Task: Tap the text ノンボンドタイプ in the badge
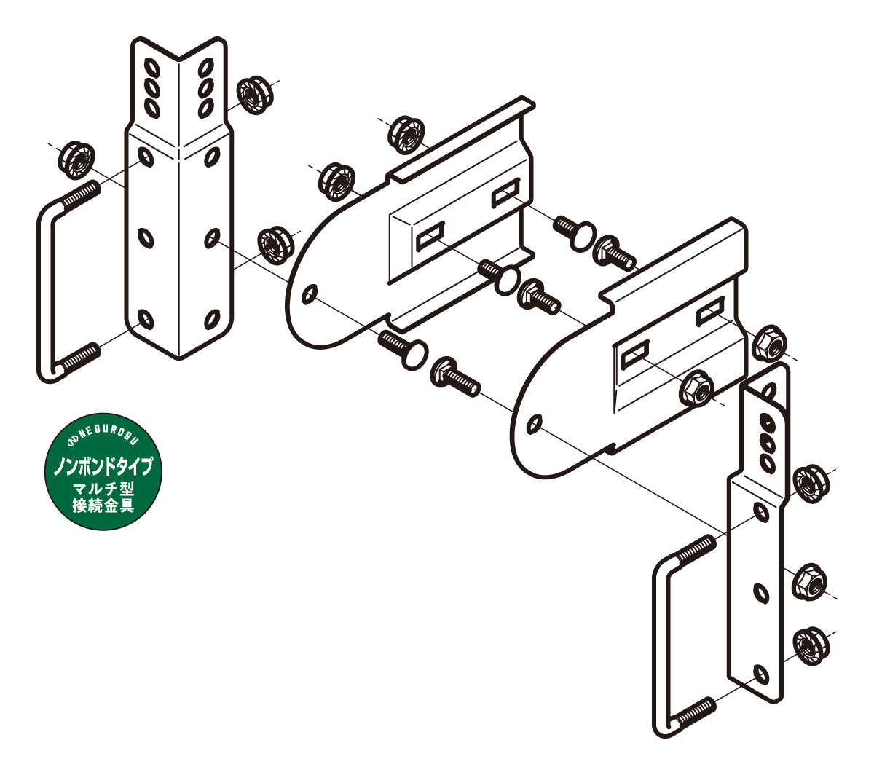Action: click(x=103, y=466)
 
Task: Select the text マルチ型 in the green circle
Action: click(x=103, y=489)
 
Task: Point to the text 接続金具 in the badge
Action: click(x=103, y=505)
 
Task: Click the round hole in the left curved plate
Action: click(x=310, y=294)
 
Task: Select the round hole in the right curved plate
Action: click(x=535, y=424)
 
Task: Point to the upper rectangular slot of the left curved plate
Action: click(x=506, y=192)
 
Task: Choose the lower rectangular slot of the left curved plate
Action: click(x=430, y=237)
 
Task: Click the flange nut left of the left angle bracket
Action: click(x=76, y=160)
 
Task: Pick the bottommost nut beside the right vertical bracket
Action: click(x=811, y=646)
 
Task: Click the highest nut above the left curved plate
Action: click(x=406, y=135)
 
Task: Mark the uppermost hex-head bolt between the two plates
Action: click(x=614, y=253)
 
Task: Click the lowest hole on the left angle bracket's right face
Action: click(x=212, y=318)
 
